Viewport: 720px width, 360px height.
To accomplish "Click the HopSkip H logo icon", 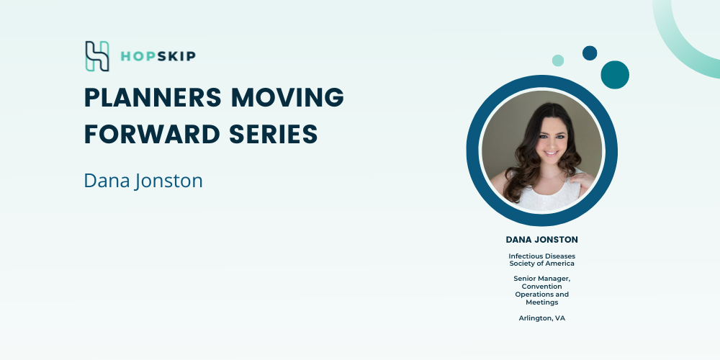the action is click(x=97, y=56).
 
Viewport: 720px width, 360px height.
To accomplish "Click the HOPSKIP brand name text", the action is click(x=158, y=56).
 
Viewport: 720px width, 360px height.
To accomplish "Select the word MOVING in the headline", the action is click(x=287, y=97).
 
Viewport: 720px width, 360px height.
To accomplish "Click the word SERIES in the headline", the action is click(x=273, y=135).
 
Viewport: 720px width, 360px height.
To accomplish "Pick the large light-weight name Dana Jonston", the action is click(x=143, y=181).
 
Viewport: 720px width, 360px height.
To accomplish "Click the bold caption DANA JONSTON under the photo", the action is click(x=542, y=240).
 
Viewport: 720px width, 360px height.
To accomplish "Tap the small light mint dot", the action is click(x=558, y=60).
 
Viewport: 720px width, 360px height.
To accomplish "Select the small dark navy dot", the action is click(x=590, y=53).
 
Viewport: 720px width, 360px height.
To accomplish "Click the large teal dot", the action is click(x=615, y=75).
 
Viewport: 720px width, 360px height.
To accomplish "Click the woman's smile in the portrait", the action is click(x=551, y=153).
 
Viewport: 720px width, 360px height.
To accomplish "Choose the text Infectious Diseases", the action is click(x=542, y=256).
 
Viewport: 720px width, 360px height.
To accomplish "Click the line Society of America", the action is click(x=542, y=264).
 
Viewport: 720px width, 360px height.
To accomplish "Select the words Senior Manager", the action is click(x=542, y=279).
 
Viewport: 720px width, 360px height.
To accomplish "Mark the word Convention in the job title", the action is click(x=542, y=287).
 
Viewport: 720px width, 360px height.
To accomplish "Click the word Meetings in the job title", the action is click(x=542, y=302).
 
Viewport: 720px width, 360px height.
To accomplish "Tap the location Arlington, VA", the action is click(x=542, y=318).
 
